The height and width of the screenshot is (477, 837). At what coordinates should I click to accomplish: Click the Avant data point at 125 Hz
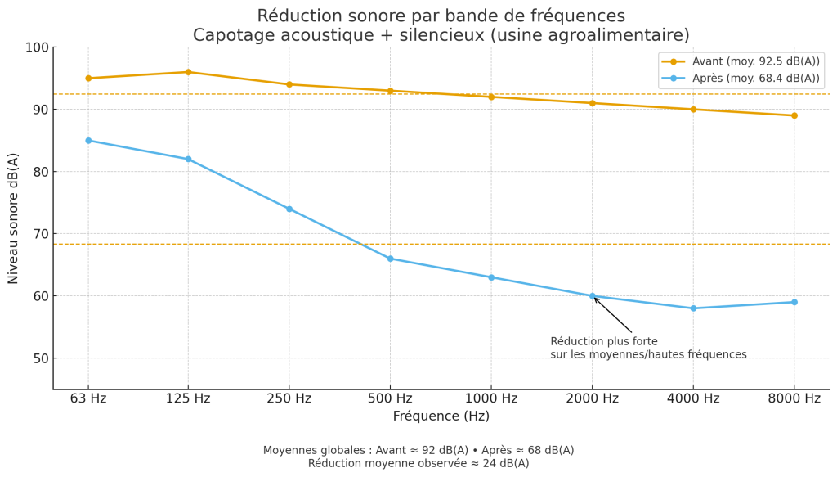pos(188,72)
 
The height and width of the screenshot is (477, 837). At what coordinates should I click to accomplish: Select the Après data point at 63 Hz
pos(88,141)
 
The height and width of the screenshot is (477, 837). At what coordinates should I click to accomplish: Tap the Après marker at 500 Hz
pos(390,259)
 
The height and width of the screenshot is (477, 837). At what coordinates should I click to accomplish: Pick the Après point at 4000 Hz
pos(693,308)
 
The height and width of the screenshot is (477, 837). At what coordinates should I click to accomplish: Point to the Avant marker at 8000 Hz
pos(794,115)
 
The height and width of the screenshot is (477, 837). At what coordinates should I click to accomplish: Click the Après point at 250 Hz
pos(289,209)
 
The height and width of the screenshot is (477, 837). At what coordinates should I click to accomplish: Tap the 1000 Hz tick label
pos(490,399)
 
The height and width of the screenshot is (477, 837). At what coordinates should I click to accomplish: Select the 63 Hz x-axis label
pos(88,399)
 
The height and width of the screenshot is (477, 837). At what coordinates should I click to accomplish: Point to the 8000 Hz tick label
pos(794,399)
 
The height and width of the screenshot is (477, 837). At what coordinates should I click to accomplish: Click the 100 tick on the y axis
pos(36,47)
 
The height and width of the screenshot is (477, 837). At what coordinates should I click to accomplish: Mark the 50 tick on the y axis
pos(39,358)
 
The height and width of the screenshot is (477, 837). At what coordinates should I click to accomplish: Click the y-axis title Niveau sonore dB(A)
pos(14,218)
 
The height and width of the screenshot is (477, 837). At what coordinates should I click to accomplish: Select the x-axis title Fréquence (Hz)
pos(441,416)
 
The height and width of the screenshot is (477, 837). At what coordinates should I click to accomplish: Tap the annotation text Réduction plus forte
pos(604,342)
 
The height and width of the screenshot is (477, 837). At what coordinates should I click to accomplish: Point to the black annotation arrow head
pos(595,299)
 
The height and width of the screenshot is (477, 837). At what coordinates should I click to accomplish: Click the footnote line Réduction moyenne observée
pos(418,464)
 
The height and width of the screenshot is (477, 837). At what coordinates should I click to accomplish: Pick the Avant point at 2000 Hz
pos(592,103)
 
